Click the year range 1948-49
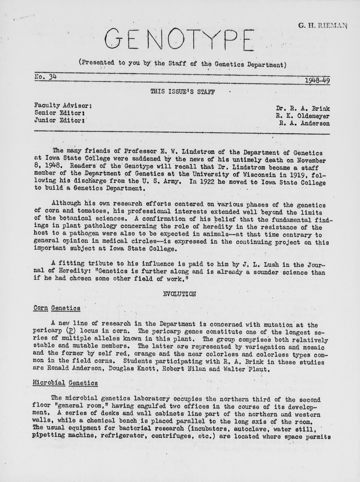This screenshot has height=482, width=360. (317, 81)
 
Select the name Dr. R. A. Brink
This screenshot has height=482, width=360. (302, 109)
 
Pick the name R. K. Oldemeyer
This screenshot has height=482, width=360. (302, 116)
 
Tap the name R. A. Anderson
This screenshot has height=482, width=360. (304, 123)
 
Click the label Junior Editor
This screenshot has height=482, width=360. (60, 120)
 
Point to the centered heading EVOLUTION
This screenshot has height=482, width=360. (180, 294)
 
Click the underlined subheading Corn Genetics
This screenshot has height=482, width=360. (57, 308)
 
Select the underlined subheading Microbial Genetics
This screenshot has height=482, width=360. (65, 383)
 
